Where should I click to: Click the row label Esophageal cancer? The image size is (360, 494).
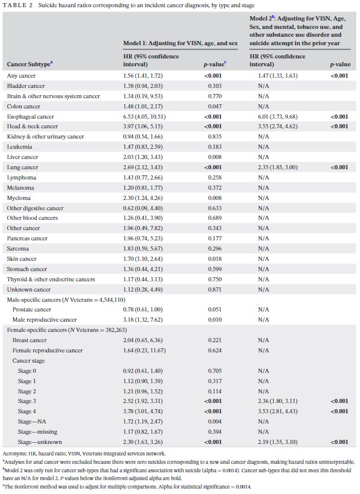pyautogui.click(x=30, y=116)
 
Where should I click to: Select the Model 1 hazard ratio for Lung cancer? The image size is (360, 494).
pyautogui.click(x=143, y=167)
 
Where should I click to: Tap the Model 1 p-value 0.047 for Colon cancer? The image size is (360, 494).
pyautogui.click(x=215, y=107)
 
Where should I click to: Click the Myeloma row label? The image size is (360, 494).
pyautogui.click(x=19, y=198)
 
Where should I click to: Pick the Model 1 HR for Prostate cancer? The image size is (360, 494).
pyautogui.click(x=143, y=310)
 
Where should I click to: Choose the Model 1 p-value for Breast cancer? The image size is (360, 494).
pyautogui.click(x=215, y=340)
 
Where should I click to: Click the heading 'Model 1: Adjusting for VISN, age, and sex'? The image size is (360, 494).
pyautogui.click(x=181, y=43)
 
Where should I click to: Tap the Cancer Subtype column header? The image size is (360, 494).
pyautogui.click(x=29, y=64)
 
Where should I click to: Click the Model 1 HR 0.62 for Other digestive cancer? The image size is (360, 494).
pyautogui.click(x=143, y=208)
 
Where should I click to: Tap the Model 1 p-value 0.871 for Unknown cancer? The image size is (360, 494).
pyautogui.click(x=215, y=290)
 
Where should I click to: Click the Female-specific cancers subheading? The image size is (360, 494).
pyautogui.click(x=67, y=330)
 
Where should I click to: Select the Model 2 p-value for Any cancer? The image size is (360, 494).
pyautogui.click(x=339, y=76)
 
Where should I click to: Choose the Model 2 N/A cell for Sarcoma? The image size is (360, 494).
pyautogui.click(x=264, y=249)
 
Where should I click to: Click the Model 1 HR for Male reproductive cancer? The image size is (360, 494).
pyautogui.click(x=143, y=320)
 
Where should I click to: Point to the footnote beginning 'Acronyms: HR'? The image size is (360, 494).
pyautogui.click(x=84, y=454)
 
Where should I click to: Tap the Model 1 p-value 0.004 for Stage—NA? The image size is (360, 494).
pyautogui.click(x=215, y=422)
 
